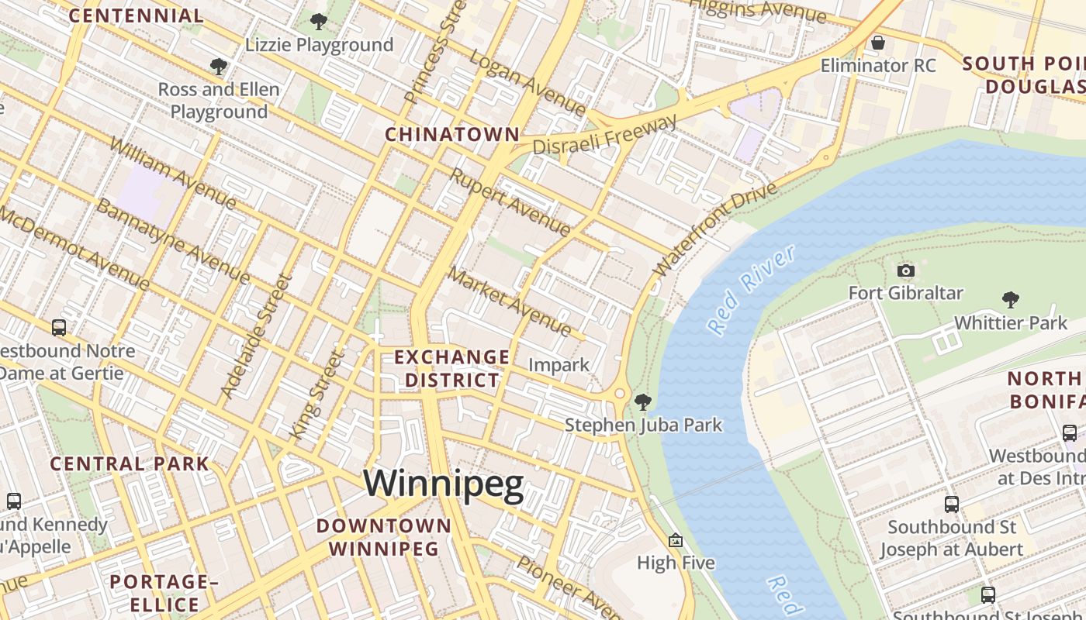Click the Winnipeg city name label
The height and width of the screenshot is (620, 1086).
pyautogui.click(x=443, y=484)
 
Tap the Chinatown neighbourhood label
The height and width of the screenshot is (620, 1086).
pyautogui.click(x=452, y=134)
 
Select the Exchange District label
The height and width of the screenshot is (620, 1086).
pyautogui.click(x=452, y=369)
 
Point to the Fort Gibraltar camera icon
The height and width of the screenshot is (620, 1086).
pyautogui.click(x=905, y=270)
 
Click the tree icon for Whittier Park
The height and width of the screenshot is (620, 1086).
pyautogui.click(x=1010, y=299)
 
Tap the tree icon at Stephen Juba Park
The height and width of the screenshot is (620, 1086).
pyautogui.click(x=642, y=401)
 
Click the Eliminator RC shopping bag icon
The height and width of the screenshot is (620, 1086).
pyautogui.click(x=878, y=43)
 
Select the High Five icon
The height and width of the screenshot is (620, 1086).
pyautogui.click(x=676, y=540)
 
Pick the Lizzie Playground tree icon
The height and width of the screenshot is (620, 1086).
pyautogui.click(x=318, y=21)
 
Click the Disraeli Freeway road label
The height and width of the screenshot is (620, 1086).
pyautogui.click(x=605, y=135)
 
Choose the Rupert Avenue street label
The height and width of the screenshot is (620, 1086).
pyautogui.click(x=510, y=201)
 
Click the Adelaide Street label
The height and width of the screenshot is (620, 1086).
pyautogui.click(x=255, y=336)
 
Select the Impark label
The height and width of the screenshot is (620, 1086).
pyautogui.click(x=559, y=364)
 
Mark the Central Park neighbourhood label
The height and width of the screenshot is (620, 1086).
pyautogui.click(x=130, y=464)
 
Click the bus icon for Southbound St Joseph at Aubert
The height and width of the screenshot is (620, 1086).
pyautogui.click(x=951, y=505)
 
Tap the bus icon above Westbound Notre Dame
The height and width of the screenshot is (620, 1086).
pyautogui.click(x=59, y=328)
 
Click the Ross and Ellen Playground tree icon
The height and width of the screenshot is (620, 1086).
pyautogui.click(x=219, y=67)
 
